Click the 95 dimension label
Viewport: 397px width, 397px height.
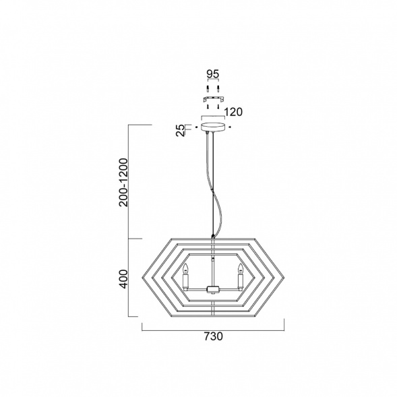[213, 74]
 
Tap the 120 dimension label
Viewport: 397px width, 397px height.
[233, 112]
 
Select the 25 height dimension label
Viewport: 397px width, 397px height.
[181, 131]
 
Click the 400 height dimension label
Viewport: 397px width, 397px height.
[124, 279]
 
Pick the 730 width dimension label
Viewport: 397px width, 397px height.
[214, 336]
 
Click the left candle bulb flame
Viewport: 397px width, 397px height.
[186, 268]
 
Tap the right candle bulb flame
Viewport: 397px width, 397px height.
[240, 268]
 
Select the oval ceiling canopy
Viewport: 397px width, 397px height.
[213, 127]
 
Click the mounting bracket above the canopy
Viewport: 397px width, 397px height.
[213, 99]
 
